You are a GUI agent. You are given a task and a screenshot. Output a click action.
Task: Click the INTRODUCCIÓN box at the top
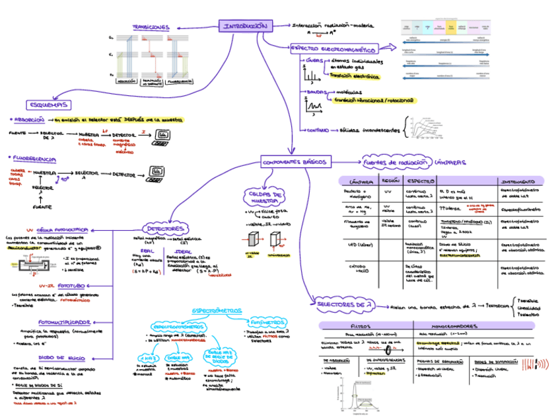(245, 26)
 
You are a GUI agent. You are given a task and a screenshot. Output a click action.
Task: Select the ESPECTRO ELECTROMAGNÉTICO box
(333, 49)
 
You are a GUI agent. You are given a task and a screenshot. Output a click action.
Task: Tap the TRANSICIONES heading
(151, 28)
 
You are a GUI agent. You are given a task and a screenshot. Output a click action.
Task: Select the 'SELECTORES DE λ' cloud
(345, 304)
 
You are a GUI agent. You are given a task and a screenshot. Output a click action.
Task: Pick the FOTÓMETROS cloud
(264, 323)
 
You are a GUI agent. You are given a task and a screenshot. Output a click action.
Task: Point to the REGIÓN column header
(390, 181)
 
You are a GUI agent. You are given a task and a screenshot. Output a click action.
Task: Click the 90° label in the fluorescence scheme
(65, 179)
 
